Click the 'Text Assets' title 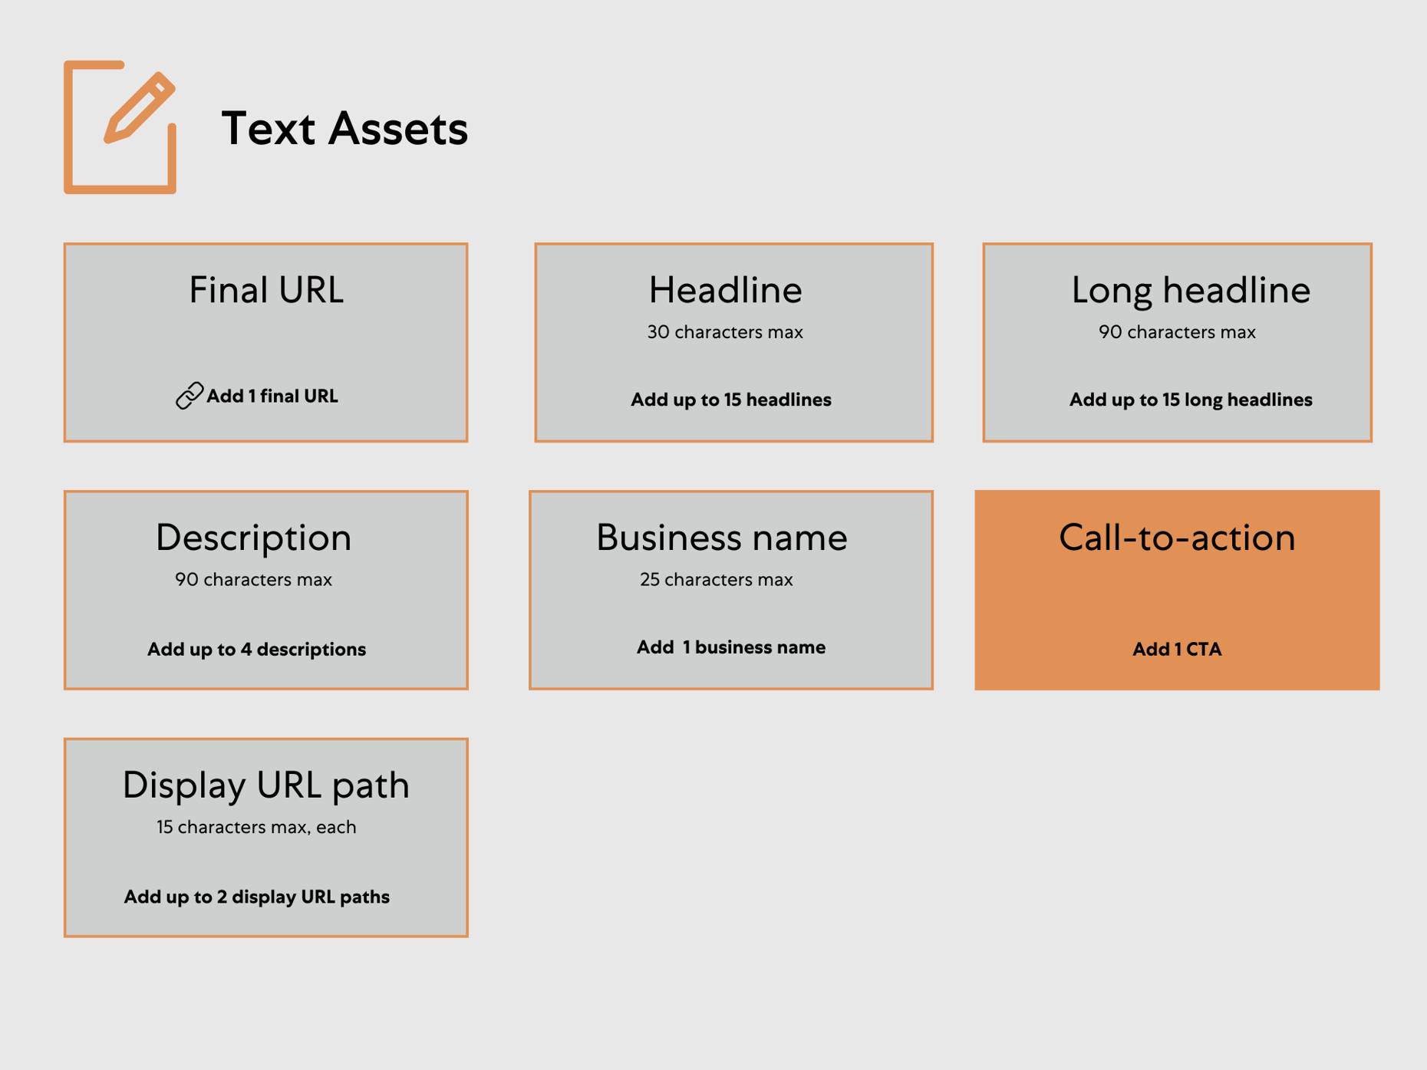(344, 128)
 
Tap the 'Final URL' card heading (266, 291)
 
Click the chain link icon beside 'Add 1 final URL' (189, 396)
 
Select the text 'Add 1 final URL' (272, 397)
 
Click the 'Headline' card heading (725, 291)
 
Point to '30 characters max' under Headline (725, 332)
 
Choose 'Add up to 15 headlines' (730, 400)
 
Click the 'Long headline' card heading (1190, 291)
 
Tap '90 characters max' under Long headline (1177, 332)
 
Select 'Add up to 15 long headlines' (1190, 400)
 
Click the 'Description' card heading (253, 538)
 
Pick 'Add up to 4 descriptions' (256, 650)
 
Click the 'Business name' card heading (721, 538)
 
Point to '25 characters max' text (716, 580)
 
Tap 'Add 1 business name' (730, 647)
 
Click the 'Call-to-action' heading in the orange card (1177, 538)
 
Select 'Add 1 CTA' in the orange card (1177, 650)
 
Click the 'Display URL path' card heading (265, 785)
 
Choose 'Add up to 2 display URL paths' (256, 897)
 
